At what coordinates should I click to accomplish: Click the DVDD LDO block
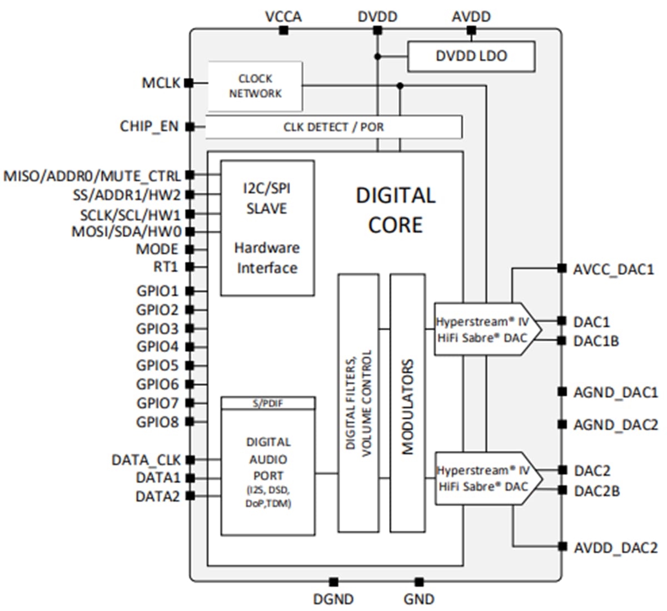coord(471,56)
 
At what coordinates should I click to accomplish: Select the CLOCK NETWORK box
coord(255,87)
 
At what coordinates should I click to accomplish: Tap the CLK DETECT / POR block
coord(333,127)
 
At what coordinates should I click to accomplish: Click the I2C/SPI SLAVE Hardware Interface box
coord(267,228)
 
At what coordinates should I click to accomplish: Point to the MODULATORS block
coord(407,403)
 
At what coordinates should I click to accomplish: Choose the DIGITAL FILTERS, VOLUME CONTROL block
coord(359,403)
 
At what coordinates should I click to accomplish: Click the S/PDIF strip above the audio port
coord(268,403)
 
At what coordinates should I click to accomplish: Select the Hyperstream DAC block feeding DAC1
coord(481,329)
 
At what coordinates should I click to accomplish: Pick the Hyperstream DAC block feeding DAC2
coord(481,478)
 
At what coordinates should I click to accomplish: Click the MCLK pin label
coord(161,83)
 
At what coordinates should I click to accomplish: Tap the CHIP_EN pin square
coord(190,127)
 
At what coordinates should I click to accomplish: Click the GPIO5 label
coord(157,365)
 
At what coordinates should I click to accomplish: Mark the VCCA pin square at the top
coord(283,31)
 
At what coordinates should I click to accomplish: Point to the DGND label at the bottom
coord(333,599)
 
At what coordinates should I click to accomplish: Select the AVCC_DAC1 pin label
coord(614,270)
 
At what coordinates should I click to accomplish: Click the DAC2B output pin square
coord(563,490)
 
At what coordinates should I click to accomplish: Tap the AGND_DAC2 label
coord(615,425)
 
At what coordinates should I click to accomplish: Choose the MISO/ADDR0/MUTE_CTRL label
coord(92,176)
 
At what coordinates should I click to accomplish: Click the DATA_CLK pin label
coord(146,460)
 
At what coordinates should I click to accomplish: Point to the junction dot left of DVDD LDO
coord(377,57)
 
